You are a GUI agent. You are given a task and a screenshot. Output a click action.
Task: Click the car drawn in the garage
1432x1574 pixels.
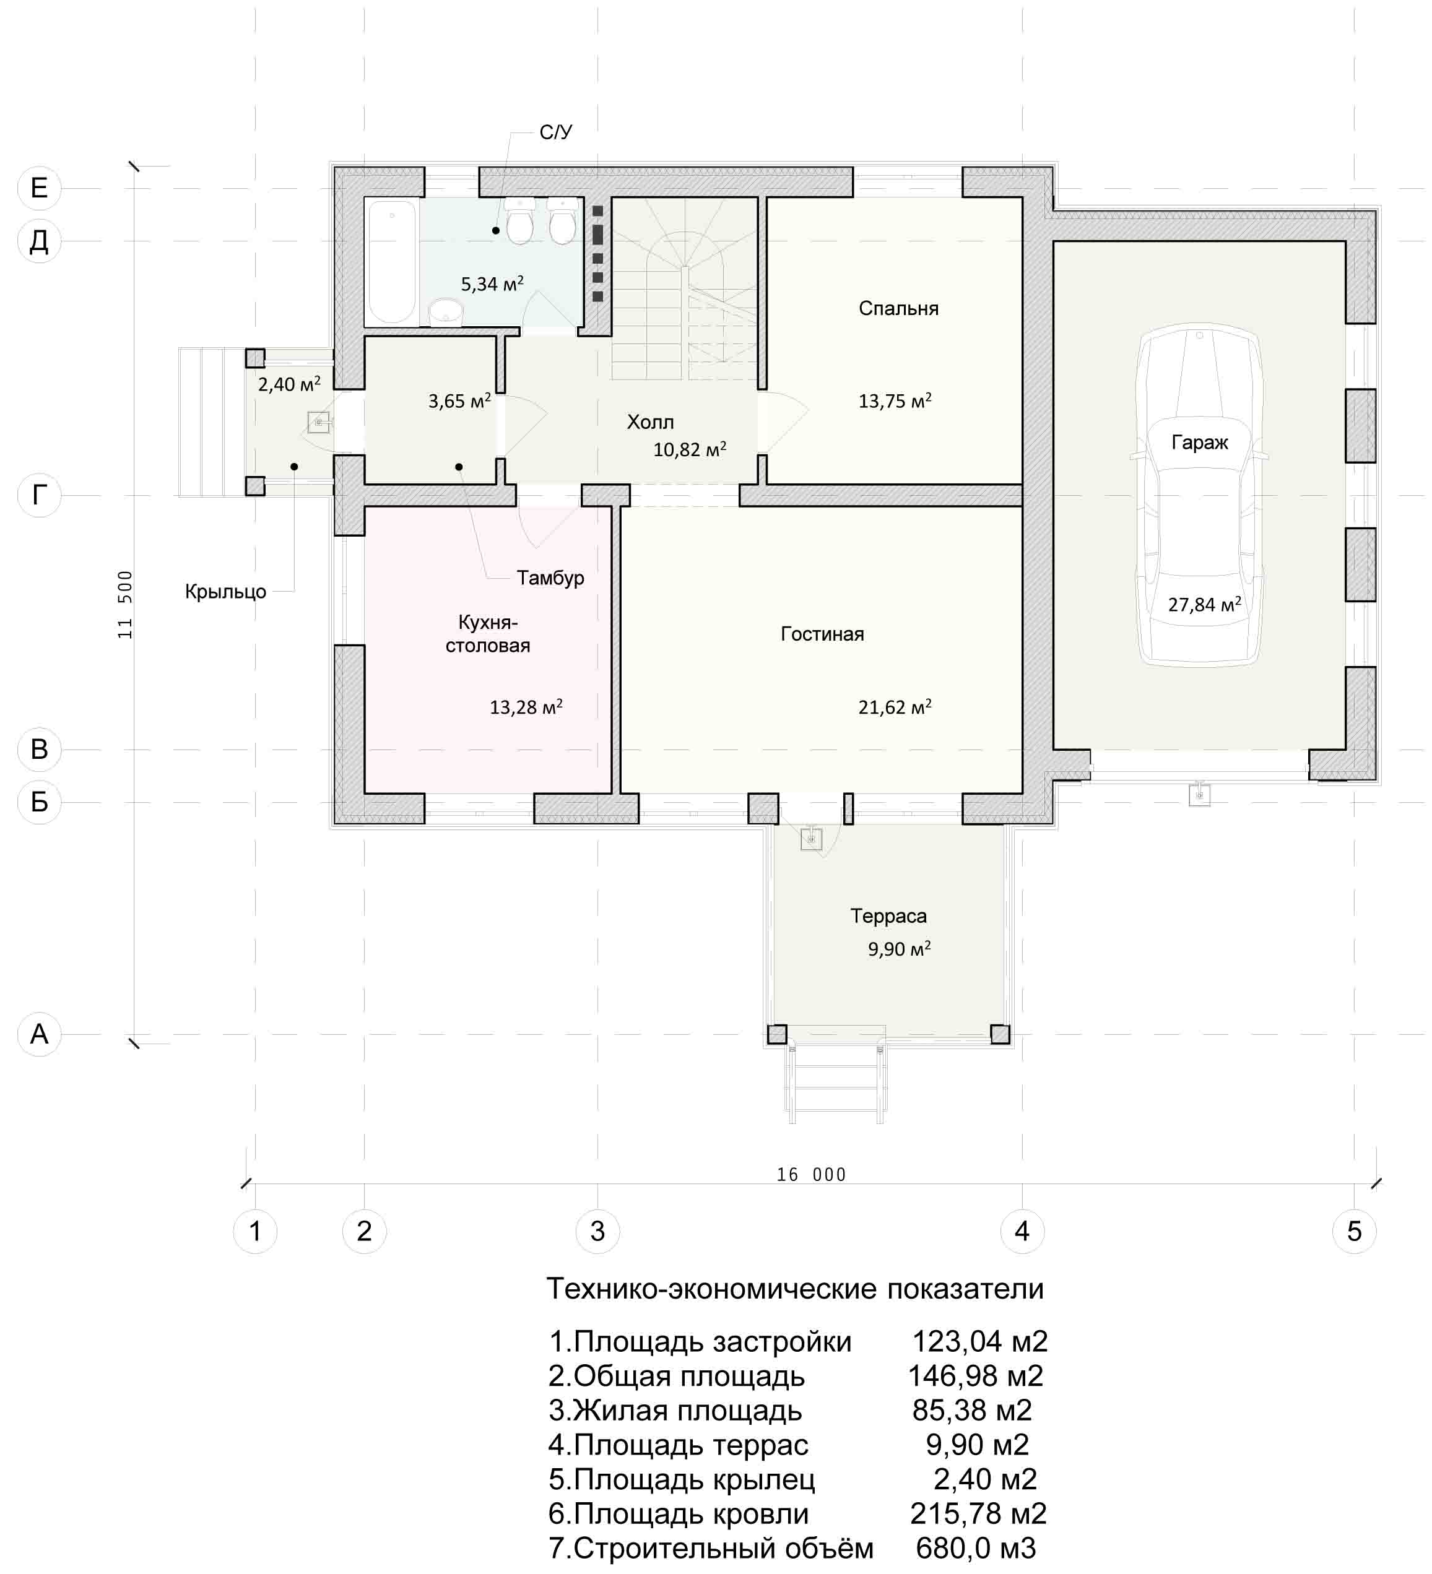click(x=1200, y=498)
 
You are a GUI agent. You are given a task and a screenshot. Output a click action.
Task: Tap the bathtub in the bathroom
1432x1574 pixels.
click(x=392, y=262)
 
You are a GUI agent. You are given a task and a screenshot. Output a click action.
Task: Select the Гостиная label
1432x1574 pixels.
click(x=822, y=634)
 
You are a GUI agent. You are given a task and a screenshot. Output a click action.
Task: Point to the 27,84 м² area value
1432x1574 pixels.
click(x=1204, y=603)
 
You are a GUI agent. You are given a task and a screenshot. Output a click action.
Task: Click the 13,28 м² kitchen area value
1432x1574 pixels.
click(x=526, y=707)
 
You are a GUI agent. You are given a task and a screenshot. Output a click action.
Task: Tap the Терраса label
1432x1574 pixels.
click(x=888, y=916)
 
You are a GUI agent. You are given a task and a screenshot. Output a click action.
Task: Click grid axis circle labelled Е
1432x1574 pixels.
click(x=39, y=188)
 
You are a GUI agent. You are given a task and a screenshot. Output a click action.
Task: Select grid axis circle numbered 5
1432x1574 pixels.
click(x=1354, y=1231)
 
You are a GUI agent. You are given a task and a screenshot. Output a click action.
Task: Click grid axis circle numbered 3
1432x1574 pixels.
click(x=597, y=1231)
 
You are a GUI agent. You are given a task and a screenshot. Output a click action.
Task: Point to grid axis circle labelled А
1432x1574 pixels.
click(x=39, y=1034)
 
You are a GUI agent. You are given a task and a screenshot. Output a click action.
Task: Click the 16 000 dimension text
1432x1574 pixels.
click(x=811, y=1175)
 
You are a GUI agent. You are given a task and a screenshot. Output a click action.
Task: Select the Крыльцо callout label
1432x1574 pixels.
click(x=225, y=592)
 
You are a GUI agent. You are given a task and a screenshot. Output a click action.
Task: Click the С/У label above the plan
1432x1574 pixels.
click(x=556, y=132)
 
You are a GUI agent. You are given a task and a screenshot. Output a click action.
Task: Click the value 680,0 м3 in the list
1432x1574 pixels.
click(x=975, y=1547)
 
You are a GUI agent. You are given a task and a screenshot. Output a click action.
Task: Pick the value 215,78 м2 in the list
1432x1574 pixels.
click(x=978, y=1513)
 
